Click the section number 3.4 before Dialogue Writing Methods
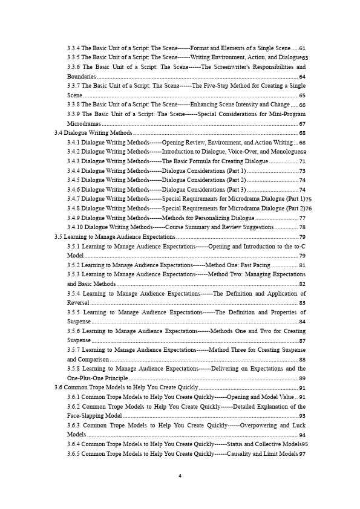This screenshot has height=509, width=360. tap(58, 132)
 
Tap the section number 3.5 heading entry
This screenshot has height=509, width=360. tap(58, 237)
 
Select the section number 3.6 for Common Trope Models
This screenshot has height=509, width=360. tap(58, 387)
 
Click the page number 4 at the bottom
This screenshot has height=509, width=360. tap(180, 475)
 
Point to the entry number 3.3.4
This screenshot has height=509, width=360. tap(73, 48)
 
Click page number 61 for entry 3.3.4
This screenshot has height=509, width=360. tap(302, 48)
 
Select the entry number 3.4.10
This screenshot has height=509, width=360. tap(74, 227)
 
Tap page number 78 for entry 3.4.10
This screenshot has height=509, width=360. tap(302, 227)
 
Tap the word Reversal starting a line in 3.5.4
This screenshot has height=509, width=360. tap(78, 302)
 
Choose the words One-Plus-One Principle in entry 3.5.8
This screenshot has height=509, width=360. tap(97, 378)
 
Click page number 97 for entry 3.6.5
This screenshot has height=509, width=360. tap(302, 454)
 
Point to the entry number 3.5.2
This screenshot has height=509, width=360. tap(73, 265)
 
